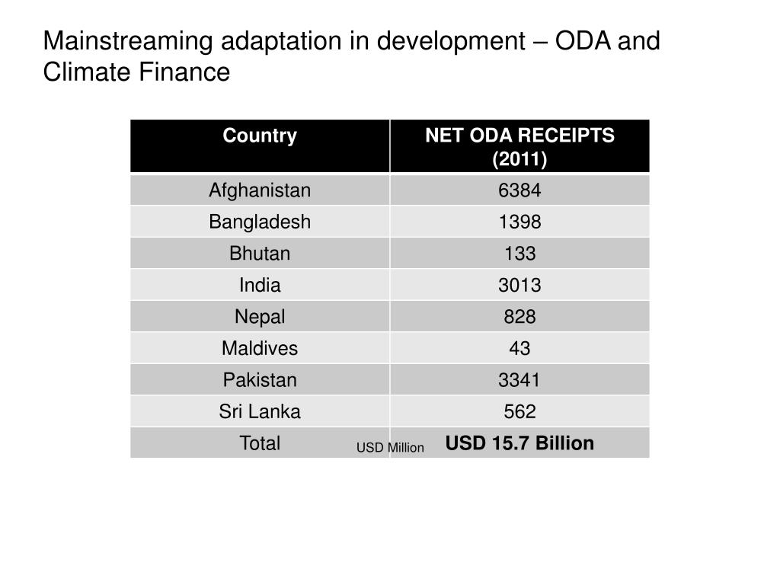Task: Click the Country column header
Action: (260, 136)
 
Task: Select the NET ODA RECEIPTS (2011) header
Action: (519, 147)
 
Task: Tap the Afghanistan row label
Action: (260, 190)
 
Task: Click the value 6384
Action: (519, 190)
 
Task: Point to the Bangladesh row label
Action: (260, 222)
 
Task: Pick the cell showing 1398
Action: (519, 222)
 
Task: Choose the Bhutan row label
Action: (260, 254)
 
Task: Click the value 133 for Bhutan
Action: (519, 254)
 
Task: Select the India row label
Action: (260, 286)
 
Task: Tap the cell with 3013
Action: (519, 286)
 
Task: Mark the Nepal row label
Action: (260, 317)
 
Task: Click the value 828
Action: (519, 317)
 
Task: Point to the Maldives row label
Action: (260, 349)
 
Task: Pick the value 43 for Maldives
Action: (519, 349)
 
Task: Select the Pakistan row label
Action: (260, 380)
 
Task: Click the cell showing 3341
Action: (519, 380)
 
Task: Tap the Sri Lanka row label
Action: (260, 412)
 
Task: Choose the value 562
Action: (519, 412)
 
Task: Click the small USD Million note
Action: (390, 448)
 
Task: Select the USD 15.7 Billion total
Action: (519, 443)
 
